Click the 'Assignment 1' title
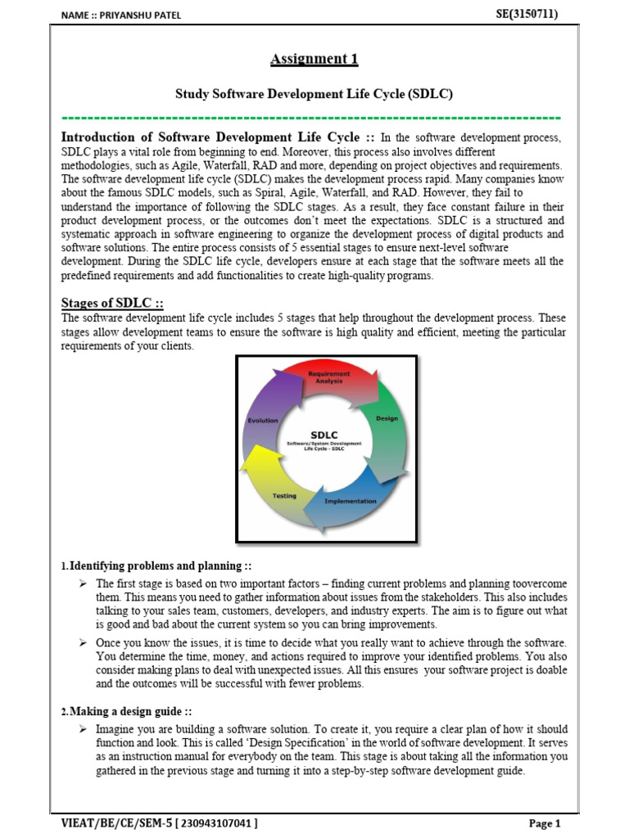[x=314, y=59]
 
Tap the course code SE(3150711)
[x=527, y=14]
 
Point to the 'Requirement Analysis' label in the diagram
[x=328, y=377]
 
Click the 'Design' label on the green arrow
[x=387, y=418]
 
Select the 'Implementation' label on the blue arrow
[x=351, y=500]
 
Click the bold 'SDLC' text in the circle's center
[x=325, y=435]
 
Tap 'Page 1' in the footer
[x=545, y=823]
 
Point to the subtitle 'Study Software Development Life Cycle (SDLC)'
[x=314, y=94]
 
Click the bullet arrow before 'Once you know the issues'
[x=83, y=643]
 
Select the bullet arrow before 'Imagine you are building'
[x=83, y=729]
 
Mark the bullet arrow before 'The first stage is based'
[x=83, y=583]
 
